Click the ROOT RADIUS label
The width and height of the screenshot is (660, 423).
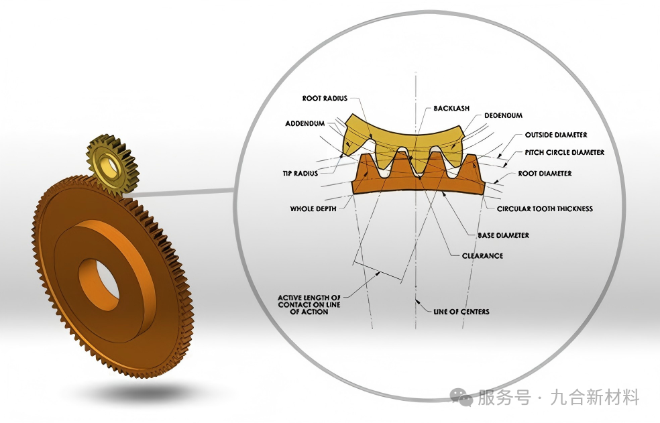point(325,99)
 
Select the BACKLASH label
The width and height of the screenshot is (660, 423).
point(451,108)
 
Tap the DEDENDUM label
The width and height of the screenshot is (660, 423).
point(504,115)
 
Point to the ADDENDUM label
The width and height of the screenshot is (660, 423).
point(305,123)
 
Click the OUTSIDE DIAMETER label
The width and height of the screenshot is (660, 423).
point(556,135)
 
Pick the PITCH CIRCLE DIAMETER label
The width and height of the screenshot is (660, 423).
point(565,152)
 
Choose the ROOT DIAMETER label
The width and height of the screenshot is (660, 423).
point(545,174)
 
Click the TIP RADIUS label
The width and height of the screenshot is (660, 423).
point(300,174)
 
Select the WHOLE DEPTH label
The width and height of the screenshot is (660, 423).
point(313,208)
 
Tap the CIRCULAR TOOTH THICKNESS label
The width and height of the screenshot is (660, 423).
point(545,208)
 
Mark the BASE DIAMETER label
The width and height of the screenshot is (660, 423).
point(504,235)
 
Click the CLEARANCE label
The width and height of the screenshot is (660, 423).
point(482,255)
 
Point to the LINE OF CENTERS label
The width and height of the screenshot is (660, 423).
point(461,312)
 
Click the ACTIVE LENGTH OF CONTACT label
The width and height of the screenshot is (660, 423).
point(309,305)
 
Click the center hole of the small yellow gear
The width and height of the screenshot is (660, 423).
point(109,166)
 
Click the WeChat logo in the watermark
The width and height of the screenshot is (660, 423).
point(461,396)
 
